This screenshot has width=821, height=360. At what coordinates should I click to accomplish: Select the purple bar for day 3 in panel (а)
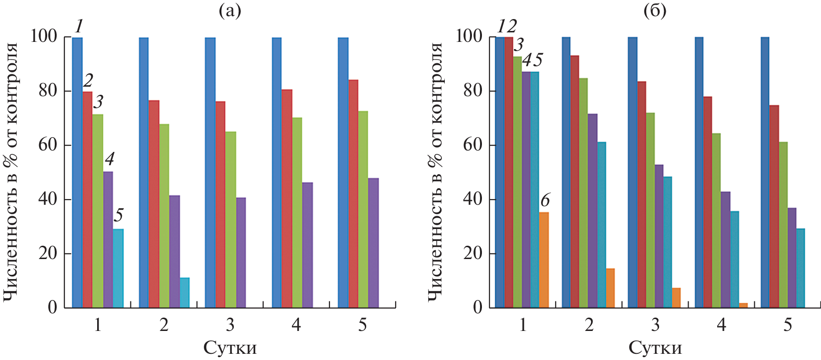[241, 252]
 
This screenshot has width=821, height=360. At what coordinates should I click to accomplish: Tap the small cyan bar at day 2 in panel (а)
[184, 292]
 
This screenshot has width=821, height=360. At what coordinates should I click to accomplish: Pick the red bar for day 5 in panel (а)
[353, 193]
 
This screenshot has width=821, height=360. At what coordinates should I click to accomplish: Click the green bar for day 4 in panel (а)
[297, 212]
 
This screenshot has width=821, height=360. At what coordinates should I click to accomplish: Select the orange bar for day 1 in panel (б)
[544, 260]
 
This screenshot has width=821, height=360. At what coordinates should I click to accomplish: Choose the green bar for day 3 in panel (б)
[650, 210]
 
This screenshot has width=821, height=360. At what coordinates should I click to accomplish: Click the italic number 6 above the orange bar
[545, 201]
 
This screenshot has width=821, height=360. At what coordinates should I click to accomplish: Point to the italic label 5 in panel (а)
[118, 216]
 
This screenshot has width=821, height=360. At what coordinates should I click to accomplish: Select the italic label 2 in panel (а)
[88, 80]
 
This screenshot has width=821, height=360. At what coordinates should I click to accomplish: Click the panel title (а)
[230, 10]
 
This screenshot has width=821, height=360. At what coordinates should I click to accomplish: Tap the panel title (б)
[655, 10]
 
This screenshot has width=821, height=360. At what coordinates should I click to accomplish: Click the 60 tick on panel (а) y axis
[48, 145]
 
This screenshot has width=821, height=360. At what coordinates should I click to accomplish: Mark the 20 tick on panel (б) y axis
[473, 253]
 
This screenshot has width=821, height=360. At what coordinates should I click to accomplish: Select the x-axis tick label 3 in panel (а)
[230, 325]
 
